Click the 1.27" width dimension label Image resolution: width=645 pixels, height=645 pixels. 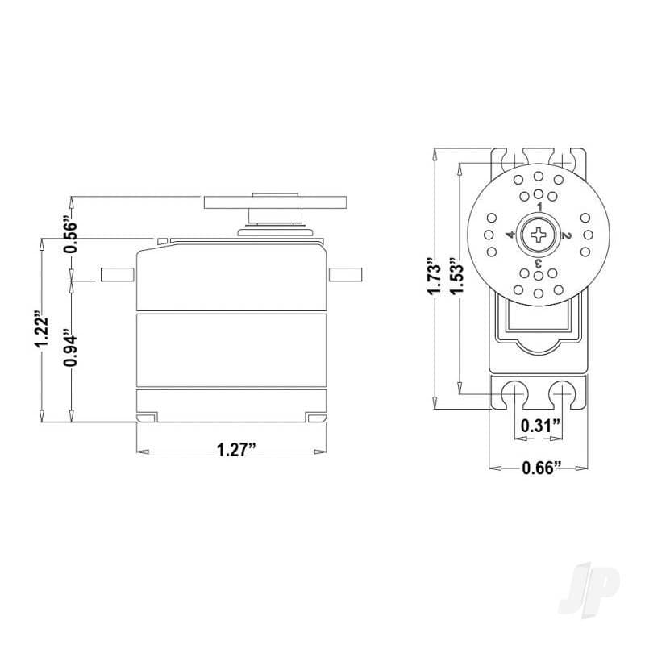click(x=236, y=450)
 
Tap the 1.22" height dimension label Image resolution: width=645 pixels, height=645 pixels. click(x=42, y=332)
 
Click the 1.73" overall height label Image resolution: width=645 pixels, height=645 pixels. click(x=435, y=277)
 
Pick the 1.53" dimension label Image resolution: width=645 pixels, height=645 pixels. click(x=456, y=277)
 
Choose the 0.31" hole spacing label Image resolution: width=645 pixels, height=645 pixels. click(x=540, y=426)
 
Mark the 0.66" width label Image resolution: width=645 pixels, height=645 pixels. click(x=542, y=468)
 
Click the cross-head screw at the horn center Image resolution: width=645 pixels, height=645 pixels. click(x=538, y=235)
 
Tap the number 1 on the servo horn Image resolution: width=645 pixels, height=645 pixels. click(x=540, y=206)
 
